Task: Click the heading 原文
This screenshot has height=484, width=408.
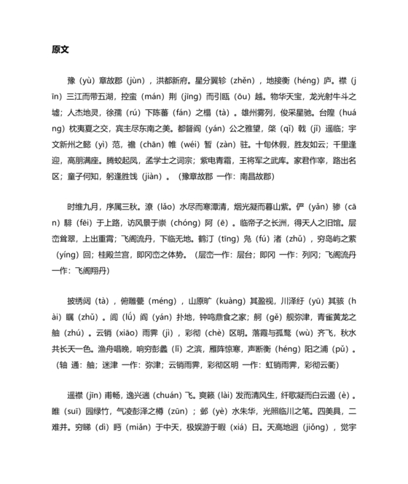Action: [60, 49]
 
